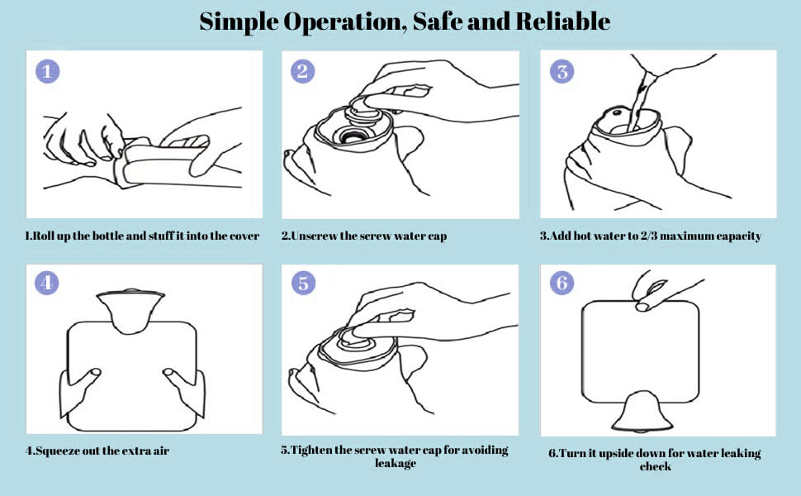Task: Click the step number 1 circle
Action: click(47, 71)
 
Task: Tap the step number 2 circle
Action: click(303, 71)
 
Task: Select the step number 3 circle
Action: click(562, 71)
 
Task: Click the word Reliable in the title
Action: click(562, 21)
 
